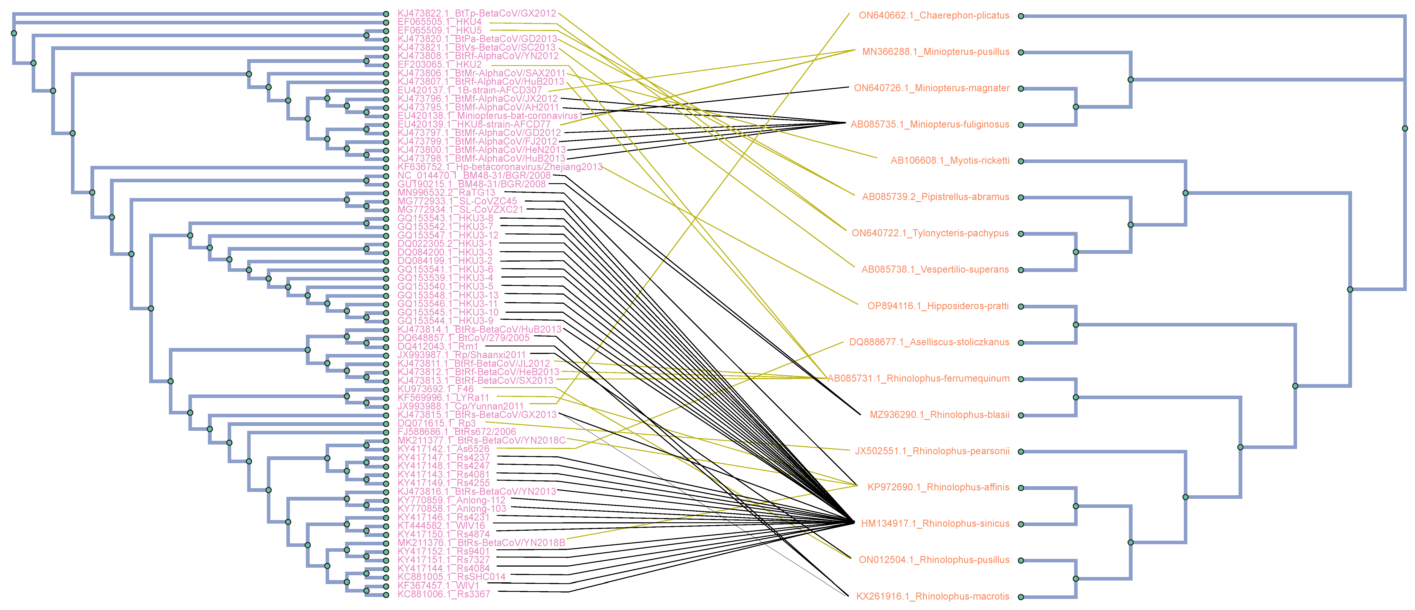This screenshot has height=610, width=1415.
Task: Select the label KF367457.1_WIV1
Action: tap(438, 585)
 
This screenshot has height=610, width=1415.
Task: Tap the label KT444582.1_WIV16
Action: tap(441, 525)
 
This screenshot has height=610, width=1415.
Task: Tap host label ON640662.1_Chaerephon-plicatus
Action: tap(934, 15)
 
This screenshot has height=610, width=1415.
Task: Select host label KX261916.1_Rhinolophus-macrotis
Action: tap(933, 596)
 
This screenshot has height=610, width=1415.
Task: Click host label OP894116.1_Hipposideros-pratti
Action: tap(938, 306)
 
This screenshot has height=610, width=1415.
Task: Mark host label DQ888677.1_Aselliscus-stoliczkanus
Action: tap(929, 342)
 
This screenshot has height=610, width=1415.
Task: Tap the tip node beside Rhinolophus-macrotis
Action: tap(1021, 597)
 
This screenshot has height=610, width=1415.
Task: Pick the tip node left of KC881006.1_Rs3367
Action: tap(386, 594)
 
